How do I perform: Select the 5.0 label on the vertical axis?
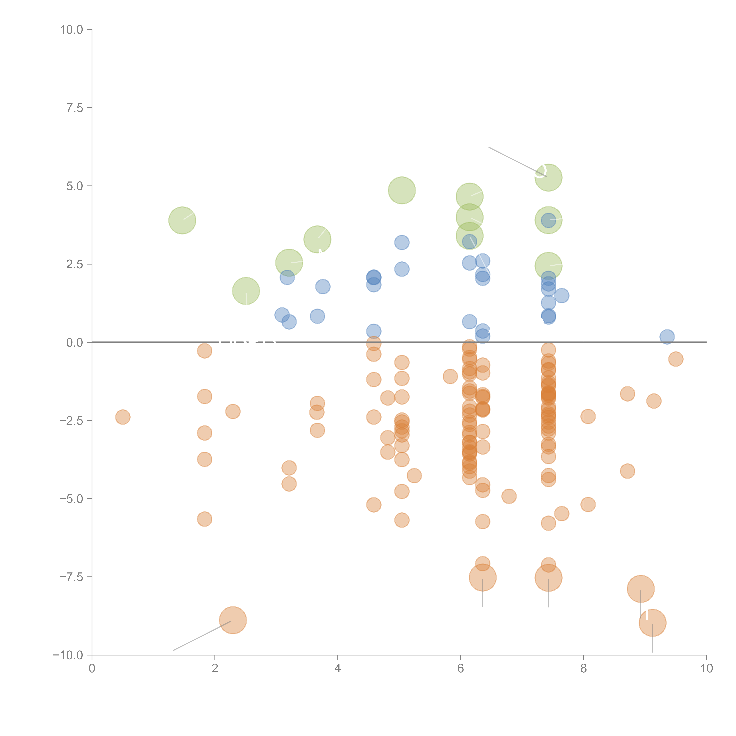pos(75,186)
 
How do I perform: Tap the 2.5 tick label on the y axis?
pos(75,264)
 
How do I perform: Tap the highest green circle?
pos(548,178)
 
